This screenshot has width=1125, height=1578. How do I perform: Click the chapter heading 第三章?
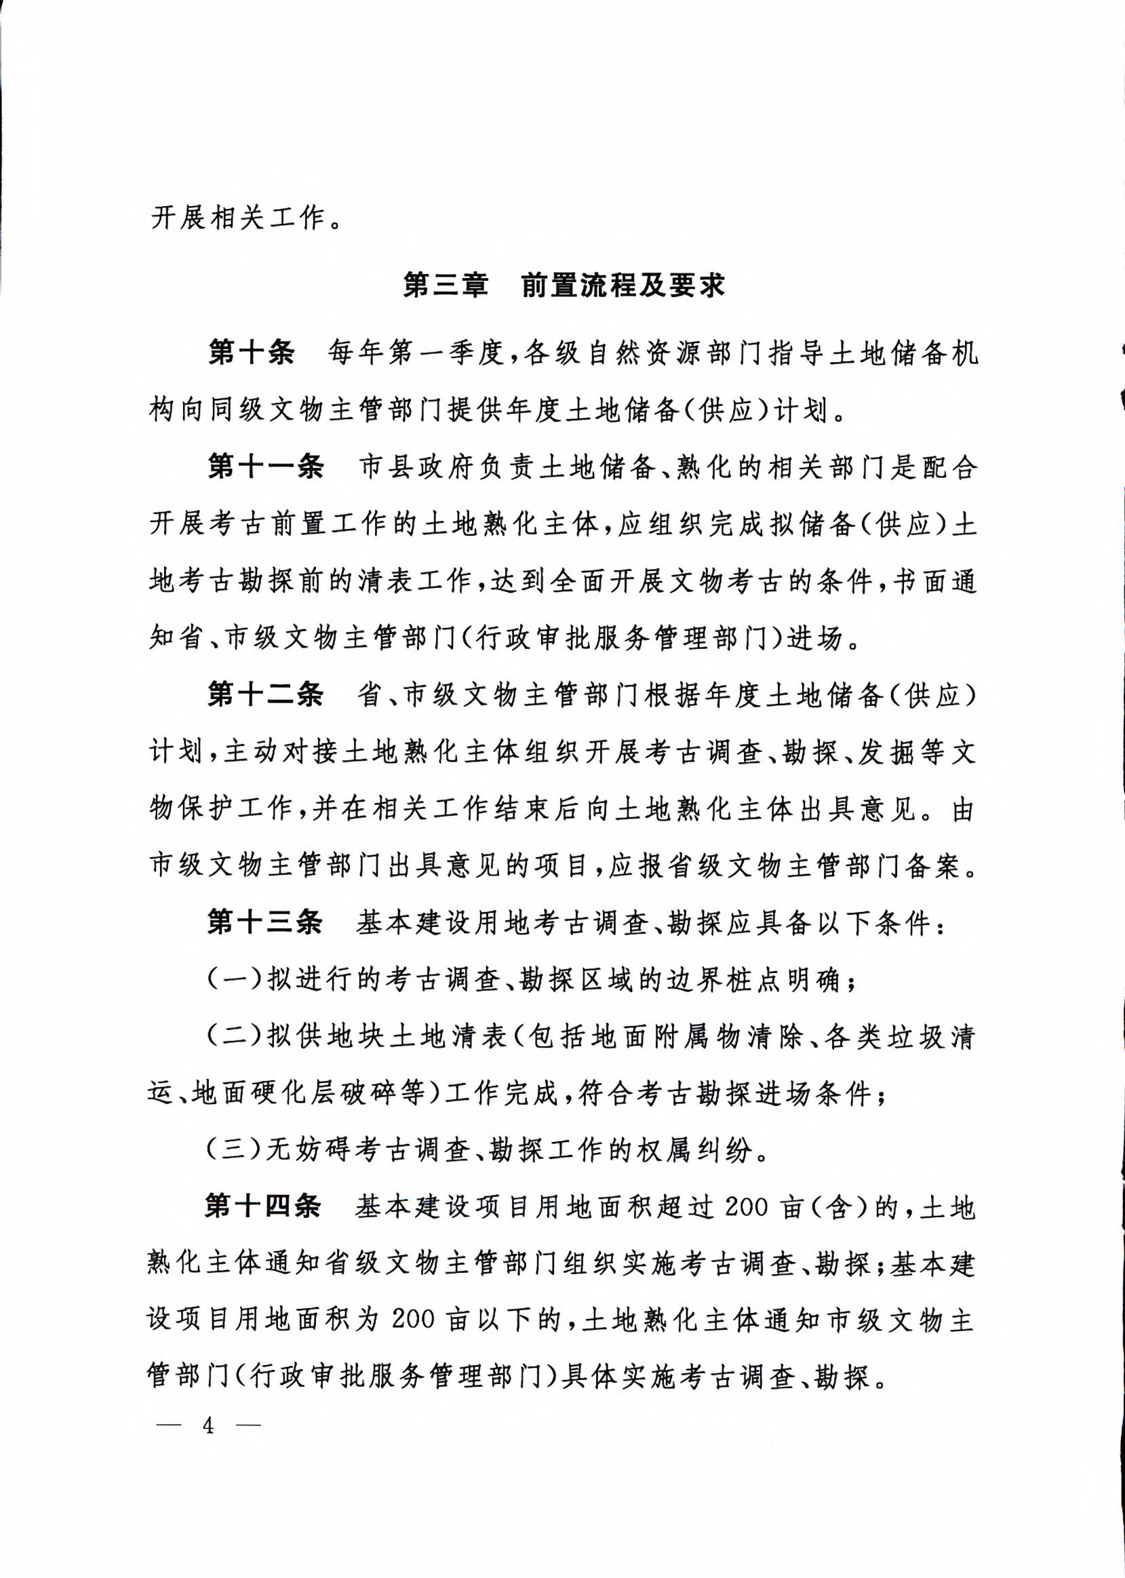(446, 286)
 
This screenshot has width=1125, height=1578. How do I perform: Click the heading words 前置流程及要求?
(623, 286)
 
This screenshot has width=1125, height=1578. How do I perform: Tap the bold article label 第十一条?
(266, 468)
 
